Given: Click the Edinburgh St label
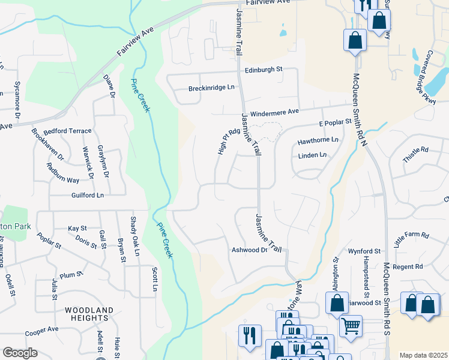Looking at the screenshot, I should coord(263,70).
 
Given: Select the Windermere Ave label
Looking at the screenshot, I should coord(274,112).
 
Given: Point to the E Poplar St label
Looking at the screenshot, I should coord(334,122).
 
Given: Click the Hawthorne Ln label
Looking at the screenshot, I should coord(318,142).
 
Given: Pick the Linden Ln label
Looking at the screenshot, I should coord(312,155).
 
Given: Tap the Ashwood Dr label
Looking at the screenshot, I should coord(249,250).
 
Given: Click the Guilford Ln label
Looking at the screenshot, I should coord(88,196).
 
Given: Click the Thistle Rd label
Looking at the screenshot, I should coord(416,155).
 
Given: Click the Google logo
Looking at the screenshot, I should coord(20,353).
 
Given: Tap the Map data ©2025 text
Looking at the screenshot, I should coord(423,355).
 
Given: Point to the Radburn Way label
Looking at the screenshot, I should coord(64,180).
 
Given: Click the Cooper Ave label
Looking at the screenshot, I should coord(41,331).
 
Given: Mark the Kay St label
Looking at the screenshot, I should coord(77,229).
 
